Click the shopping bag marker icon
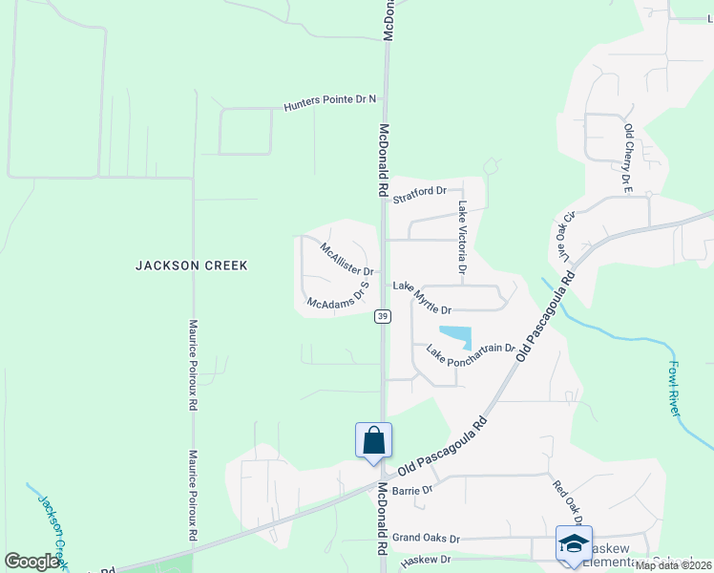[373, 441]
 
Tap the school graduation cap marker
[574, 542]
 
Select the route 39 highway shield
[382, 316]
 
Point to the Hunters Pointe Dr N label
[330, 103]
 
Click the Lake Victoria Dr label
[461, 239]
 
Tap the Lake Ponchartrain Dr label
[471, 354]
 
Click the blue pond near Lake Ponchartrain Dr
[455, 337]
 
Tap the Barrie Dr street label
[412, 490]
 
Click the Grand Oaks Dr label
[426, 539]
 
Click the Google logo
[32, 562]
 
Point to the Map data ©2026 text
[673, 565]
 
